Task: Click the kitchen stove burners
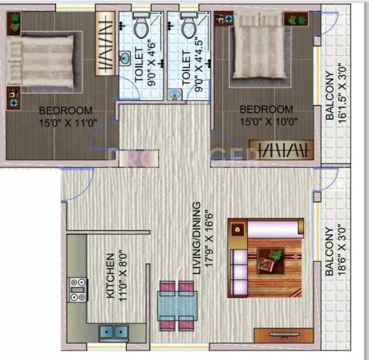(77, 289)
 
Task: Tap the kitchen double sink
(114, 332)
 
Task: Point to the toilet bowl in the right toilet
(189, 26)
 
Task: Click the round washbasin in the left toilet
(125, 59)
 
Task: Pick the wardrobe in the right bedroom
(284, 149)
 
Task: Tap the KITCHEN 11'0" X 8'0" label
(115, 276)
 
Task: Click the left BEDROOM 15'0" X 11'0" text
(66, 116)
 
